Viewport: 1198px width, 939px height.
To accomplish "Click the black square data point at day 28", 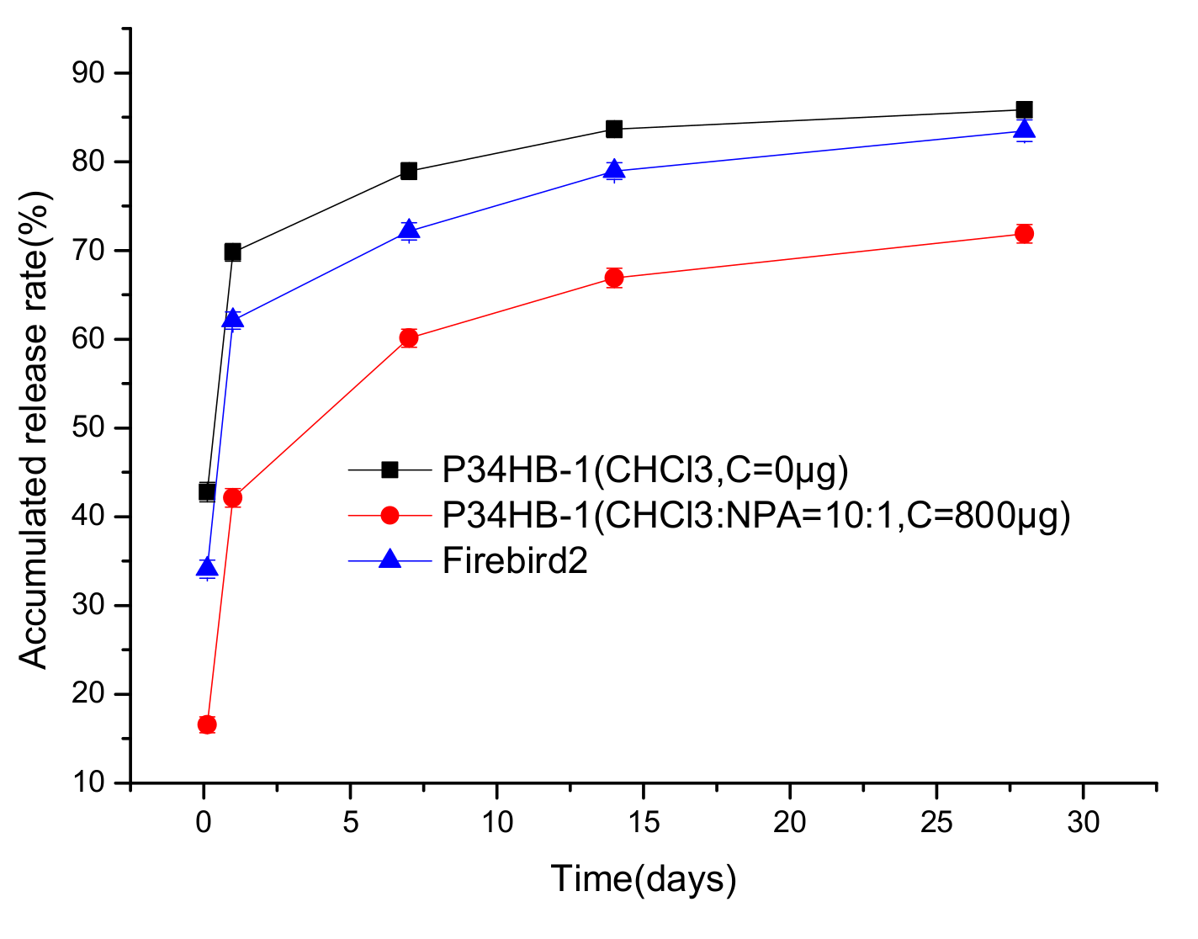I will [1024, 109].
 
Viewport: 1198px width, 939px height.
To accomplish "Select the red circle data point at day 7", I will [409, 338].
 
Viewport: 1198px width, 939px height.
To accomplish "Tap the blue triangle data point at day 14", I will [614, 170].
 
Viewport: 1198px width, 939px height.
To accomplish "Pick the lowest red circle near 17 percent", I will [207, 724].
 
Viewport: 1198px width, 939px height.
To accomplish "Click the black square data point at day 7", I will [409, 171].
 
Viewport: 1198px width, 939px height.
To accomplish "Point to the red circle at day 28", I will [1024, 233].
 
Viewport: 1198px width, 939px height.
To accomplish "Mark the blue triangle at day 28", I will [1024, 130].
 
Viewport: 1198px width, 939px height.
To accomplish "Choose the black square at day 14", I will [614, 129].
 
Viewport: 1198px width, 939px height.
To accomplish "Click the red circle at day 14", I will [614, 278].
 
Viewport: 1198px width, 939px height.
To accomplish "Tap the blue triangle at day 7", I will [409, 230].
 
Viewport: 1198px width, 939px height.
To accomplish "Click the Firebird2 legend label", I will [515, 560].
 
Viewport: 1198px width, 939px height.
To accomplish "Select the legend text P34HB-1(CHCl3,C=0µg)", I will [645, 470].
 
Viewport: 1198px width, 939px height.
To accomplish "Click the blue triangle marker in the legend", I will [390, 560].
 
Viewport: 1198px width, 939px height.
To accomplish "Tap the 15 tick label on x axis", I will [644, 822].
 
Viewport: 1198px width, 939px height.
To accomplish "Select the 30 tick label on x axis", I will [1084, 822].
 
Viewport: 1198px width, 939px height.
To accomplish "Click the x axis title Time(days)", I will [644, 878].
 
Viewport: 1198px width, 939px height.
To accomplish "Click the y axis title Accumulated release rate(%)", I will [35, 429].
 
